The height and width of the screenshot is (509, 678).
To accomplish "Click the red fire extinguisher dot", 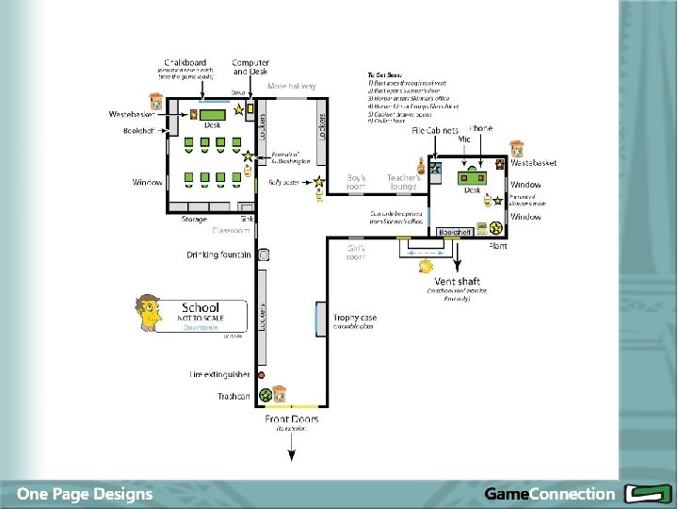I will [260, 375].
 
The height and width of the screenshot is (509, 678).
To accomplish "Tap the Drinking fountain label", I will [218, 255].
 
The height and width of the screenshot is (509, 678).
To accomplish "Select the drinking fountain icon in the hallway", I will [265, 255].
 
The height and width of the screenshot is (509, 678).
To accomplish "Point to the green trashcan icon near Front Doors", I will [266, 394].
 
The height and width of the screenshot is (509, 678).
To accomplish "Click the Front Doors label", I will [291, 419].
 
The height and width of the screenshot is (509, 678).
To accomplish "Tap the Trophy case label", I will [354, 318].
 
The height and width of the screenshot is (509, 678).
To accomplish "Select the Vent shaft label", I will [457, 282].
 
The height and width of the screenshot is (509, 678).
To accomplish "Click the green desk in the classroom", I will [212, 115].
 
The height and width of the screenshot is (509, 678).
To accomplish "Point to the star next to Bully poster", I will [320, 181].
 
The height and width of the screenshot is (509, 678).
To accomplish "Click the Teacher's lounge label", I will [403, 182].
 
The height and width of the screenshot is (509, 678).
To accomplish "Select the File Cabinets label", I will [435, 130].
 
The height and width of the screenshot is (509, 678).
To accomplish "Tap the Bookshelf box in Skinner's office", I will [455, 232].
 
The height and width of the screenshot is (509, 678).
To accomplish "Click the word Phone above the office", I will [481, 128].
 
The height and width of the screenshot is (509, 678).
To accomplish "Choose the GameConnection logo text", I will [548, 494].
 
